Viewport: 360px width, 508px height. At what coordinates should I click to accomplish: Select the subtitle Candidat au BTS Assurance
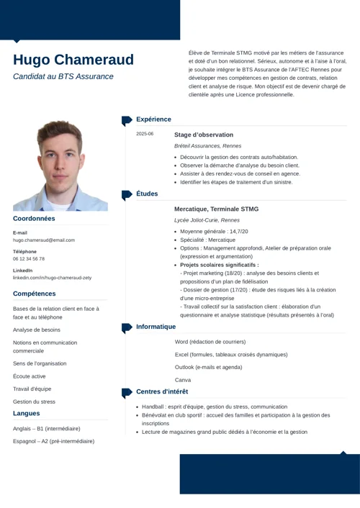click(63, 76)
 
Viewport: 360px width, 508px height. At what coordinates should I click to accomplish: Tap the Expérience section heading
click(153, 119)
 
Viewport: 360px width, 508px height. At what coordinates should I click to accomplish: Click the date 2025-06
click(145, 134)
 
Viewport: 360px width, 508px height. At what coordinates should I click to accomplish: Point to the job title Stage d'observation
click(204, 135)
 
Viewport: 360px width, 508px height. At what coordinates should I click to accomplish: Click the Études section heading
click(147, 194)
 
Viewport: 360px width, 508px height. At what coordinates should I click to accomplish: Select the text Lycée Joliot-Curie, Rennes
click(207, 219)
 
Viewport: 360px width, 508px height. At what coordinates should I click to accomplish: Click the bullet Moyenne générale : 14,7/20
click(214, 231)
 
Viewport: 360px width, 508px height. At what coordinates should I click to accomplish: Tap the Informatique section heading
click(156, 327)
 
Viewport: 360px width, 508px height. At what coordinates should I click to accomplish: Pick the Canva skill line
click(183, 379)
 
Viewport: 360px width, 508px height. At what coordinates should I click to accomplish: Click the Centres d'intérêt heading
click(162, 392)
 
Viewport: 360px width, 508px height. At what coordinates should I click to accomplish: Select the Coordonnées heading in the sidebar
click(34, 218)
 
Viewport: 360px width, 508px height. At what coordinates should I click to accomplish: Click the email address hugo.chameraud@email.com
click(44, 240)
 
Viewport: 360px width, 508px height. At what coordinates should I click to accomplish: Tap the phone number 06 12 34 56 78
click(29, 259)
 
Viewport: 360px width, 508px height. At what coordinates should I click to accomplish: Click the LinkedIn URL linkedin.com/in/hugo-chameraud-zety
click(52, 277)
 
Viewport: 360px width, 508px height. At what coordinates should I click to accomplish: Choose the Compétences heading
click(35, 294)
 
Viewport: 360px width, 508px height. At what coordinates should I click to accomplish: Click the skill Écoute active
click(29, 376)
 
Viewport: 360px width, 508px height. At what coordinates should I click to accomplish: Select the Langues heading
click(27, 414)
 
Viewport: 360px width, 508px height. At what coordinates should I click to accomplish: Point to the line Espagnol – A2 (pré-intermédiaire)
click(53, 440)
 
